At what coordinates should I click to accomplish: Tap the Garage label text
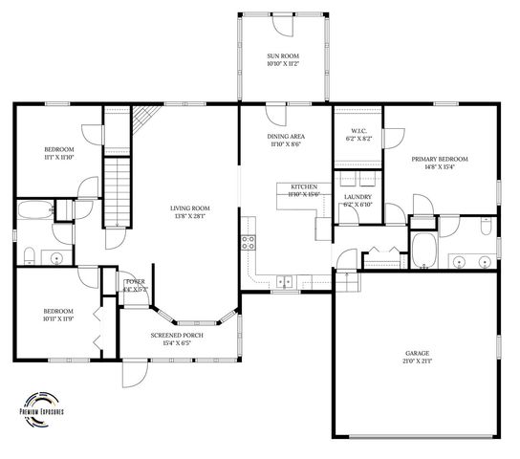point(417,354)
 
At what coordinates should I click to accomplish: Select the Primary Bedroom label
point(440,158)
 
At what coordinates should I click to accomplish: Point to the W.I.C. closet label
point(359,131)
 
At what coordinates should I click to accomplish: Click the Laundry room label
point(357,197)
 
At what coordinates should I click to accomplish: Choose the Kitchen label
point(304,186)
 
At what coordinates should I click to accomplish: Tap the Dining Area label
point(285,138)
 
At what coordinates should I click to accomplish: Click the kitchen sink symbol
point(284,280)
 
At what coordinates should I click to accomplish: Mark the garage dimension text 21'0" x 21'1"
point(417,362)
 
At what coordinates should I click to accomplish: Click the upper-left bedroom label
point(59,149)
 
